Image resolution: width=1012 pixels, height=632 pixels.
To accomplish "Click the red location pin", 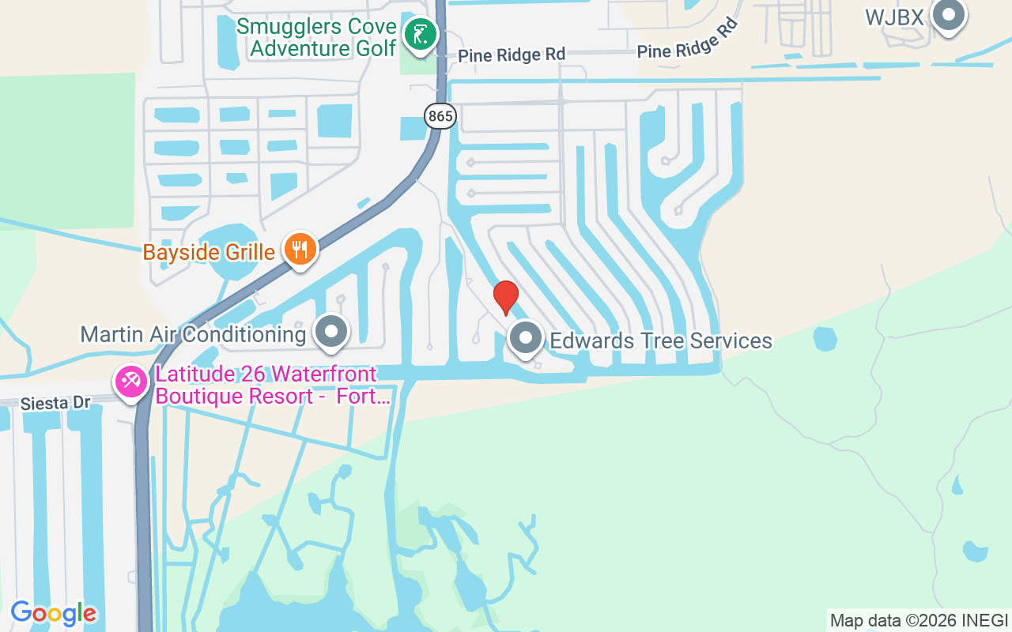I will click(x=506, y=297).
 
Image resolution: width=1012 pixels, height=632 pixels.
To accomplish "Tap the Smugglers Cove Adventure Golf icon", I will click(x=421, y=35).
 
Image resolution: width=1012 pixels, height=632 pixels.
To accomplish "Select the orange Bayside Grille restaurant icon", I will click(x=300, y=250).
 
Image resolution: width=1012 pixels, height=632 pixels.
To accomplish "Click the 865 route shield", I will click(x=440, y=117).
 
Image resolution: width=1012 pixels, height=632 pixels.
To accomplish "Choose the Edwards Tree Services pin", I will click(x=525, y=339).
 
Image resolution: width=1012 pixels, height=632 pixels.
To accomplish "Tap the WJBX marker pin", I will click(x=948, y=16).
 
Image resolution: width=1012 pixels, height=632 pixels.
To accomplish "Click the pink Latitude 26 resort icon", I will click(x=131, y=383).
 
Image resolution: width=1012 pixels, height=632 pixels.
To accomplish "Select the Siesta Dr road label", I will click(x=56, y=403).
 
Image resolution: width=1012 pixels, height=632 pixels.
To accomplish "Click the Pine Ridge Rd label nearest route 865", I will click(x=512, y=55).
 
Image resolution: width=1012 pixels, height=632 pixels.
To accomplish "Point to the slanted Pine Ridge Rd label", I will click(x=687, y=41).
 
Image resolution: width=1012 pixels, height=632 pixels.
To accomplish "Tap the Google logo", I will click(x=54, y=613).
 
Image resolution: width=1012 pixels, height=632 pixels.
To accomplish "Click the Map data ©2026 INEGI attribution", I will click(x=919, y=620).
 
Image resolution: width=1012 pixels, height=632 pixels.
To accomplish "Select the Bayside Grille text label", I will click(x=209, y=253).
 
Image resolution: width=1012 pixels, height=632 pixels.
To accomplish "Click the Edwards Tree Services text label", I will click(x=661, y=340).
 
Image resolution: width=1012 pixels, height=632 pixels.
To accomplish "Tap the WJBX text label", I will click(x=894, y=17).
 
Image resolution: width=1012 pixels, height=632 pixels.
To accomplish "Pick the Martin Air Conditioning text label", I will click(x=193, y=334).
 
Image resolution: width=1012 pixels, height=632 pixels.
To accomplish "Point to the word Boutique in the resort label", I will click(x=201, y=396).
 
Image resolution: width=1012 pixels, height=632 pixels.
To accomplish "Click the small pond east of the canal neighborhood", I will click(x=825, y=339).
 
